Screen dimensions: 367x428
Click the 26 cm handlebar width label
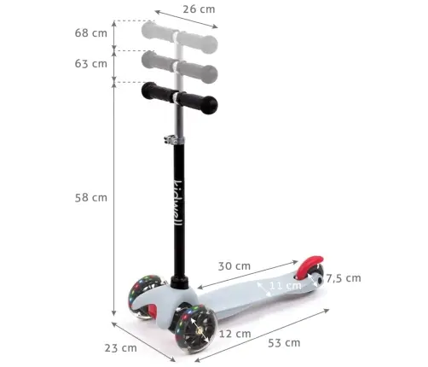tap(198, 9)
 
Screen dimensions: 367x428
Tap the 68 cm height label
tap(90, 33)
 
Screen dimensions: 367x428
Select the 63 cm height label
tap(90, 63)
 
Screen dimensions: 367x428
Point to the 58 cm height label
tap(90, 197)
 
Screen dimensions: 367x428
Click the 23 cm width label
tap(119, 347)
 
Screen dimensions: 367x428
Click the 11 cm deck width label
tap(285, 285)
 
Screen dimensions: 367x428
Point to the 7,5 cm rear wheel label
tap(343, 278)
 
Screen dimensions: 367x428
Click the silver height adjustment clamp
tap(176, 137)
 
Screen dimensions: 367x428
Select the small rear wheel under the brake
tap(317, 277)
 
